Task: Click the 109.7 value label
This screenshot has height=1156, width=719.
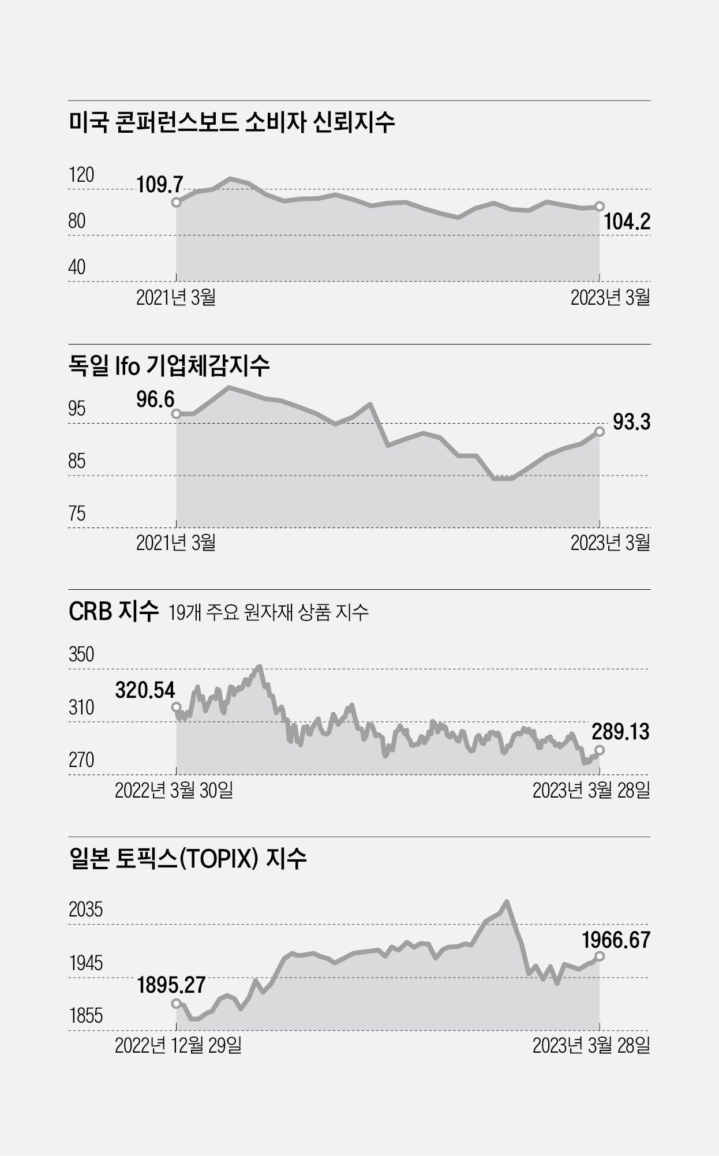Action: click(x=160, y=185)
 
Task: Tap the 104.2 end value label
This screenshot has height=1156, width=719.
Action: click(x=627, y=222)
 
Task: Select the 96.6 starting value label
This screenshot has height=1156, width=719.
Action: click(x=155, y=399)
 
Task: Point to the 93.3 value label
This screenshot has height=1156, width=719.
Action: click(x=631, y=422)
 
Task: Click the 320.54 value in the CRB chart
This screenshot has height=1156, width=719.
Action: click(x=145, y=690)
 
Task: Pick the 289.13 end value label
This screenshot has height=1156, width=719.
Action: click(x=620, y=732)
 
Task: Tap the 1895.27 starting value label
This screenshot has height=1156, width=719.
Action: click(x=171, y=985)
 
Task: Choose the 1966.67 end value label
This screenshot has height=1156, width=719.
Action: click(x=616, y=940)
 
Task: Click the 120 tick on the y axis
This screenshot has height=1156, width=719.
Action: click(x=81, y=174)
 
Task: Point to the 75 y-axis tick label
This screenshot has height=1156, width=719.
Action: click(x=77, y=513)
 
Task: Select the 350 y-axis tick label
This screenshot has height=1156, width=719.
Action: click(x=81, y=654)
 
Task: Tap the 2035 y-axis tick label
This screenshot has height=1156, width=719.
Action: click(x=85, y=910)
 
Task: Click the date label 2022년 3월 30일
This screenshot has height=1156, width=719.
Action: click(x=174, y=790)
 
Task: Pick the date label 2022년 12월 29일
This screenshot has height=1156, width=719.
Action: click(x=178, y=1045)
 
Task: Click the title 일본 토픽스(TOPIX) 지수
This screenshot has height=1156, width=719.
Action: click(x=188, y=859)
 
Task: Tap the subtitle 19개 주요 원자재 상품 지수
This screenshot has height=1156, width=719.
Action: click(x=268, y=612)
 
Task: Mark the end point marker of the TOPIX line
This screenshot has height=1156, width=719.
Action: click(x=599, y=956)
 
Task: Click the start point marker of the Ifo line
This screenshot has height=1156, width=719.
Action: click(x=176, y=413)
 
